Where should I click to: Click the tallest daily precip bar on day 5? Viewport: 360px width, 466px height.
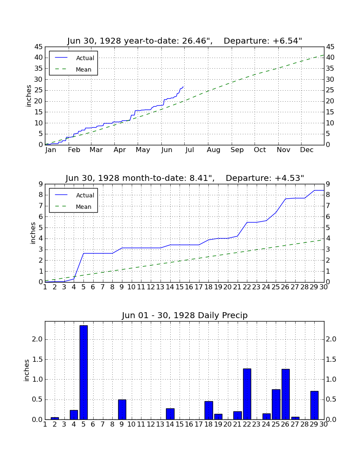click(x=83, y=372)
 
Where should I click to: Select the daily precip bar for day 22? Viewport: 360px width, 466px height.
click(x=247, y=394)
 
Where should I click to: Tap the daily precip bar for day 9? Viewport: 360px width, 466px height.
click(x=122, y=410)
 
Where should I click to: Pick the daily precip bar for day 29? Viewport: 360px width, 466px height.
click(x=314, y=405)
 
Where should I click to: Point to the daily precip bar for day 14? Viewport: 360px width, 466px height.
click(x=170, y=414)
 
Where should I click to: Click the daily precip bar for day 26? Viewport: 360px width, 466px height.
click(x=285, y=394)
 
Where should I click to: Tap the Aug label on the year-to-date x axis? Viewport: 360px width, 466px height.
click(x=213, y=150)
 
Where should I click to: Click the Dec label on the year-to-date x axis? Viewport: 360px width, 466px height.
click(x=307, y=150)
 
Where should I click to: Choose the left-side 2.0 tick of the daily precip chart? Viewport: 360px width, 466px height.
click(x=37, y=339)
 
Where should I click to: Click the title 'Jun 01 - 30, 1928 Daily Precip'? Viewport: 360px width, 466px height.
click(x=185, y=315)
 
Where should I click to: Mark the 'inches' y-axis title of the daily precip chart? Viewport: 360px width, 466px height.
click(x=27, y=370)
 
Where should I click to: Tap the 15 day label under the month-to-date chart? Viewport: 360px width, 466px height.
click(x=180, y=287)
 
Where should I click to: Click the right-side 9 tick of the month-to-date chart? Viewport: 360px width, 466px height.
click(x=328, y=184)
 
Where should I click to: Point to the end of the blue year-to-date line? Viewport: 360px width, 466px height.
click(x=183, y=87)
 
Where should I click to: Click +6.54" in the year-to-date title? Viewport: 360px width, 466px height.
click(x=287, y=41)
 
